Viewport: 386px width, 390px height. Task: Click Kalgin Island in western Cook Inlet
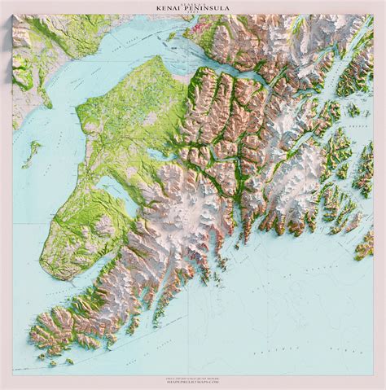click(34, 151)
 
